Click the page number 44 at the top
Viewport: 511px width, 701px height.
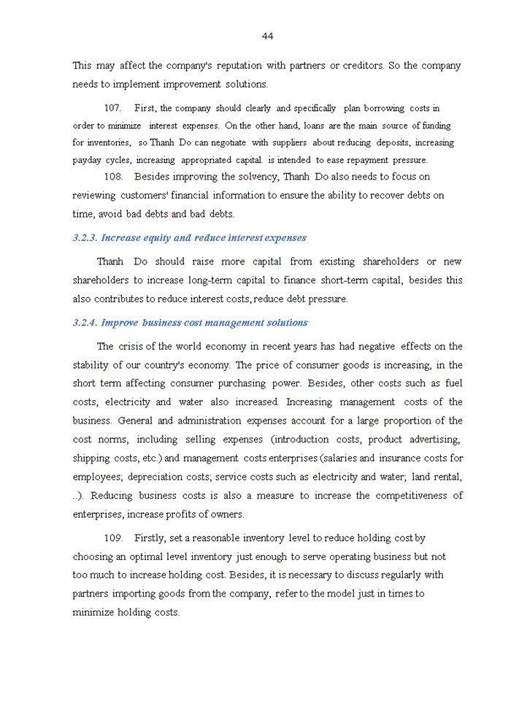267,37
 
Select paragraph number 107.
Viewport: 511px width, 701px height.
113,108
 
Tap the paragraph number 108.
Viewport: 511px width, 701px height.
113,177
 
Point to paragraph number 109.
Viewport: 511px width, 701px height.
113,538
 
